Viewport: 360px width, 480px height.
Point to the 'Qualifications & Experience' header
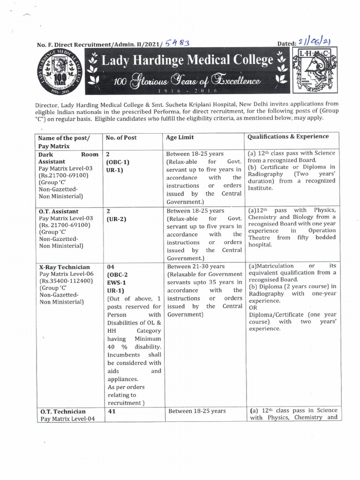[x=288, y=136]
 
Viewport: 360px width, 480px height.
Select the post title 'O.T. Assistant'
[x=59, y=211]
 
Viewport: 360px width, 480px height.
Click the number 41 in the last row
[x=112, y=411]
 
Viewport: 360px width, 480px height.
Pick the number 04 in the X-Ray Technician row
[x=112, y=267]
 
